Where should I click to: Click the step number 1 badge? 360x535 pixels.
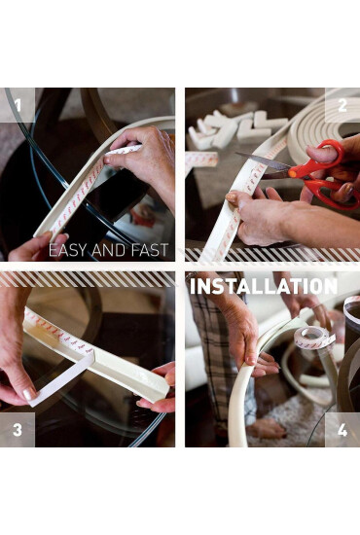pos(18,105)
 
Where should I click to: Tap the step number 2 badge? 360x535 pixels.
pos(342,105)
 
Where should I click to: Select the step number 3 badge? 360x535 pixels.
pos(18,430)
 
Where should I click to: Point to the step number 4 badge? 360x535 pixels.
pos(342,430)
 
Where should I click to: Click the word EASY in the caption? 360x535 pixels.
pos(68,250)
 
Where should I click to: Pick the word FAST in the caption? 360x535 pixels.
pos(151,250)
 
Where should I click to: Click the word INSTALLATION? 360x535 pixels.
pos(264,286)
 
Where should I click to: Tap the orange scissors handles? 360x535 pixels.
pos(321,174)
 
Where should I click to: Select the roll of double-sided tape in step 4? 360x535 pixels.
pos(314,338)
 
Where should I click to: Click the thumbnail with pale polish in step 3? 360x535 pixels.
pos(29,393)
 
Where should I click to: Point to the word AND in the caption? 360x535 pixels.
pos(110,250)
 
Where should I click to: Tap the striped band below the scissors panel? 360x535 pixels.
pos(272,254)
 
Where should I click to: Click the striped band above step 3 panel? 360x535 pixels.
pos(88,279)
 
